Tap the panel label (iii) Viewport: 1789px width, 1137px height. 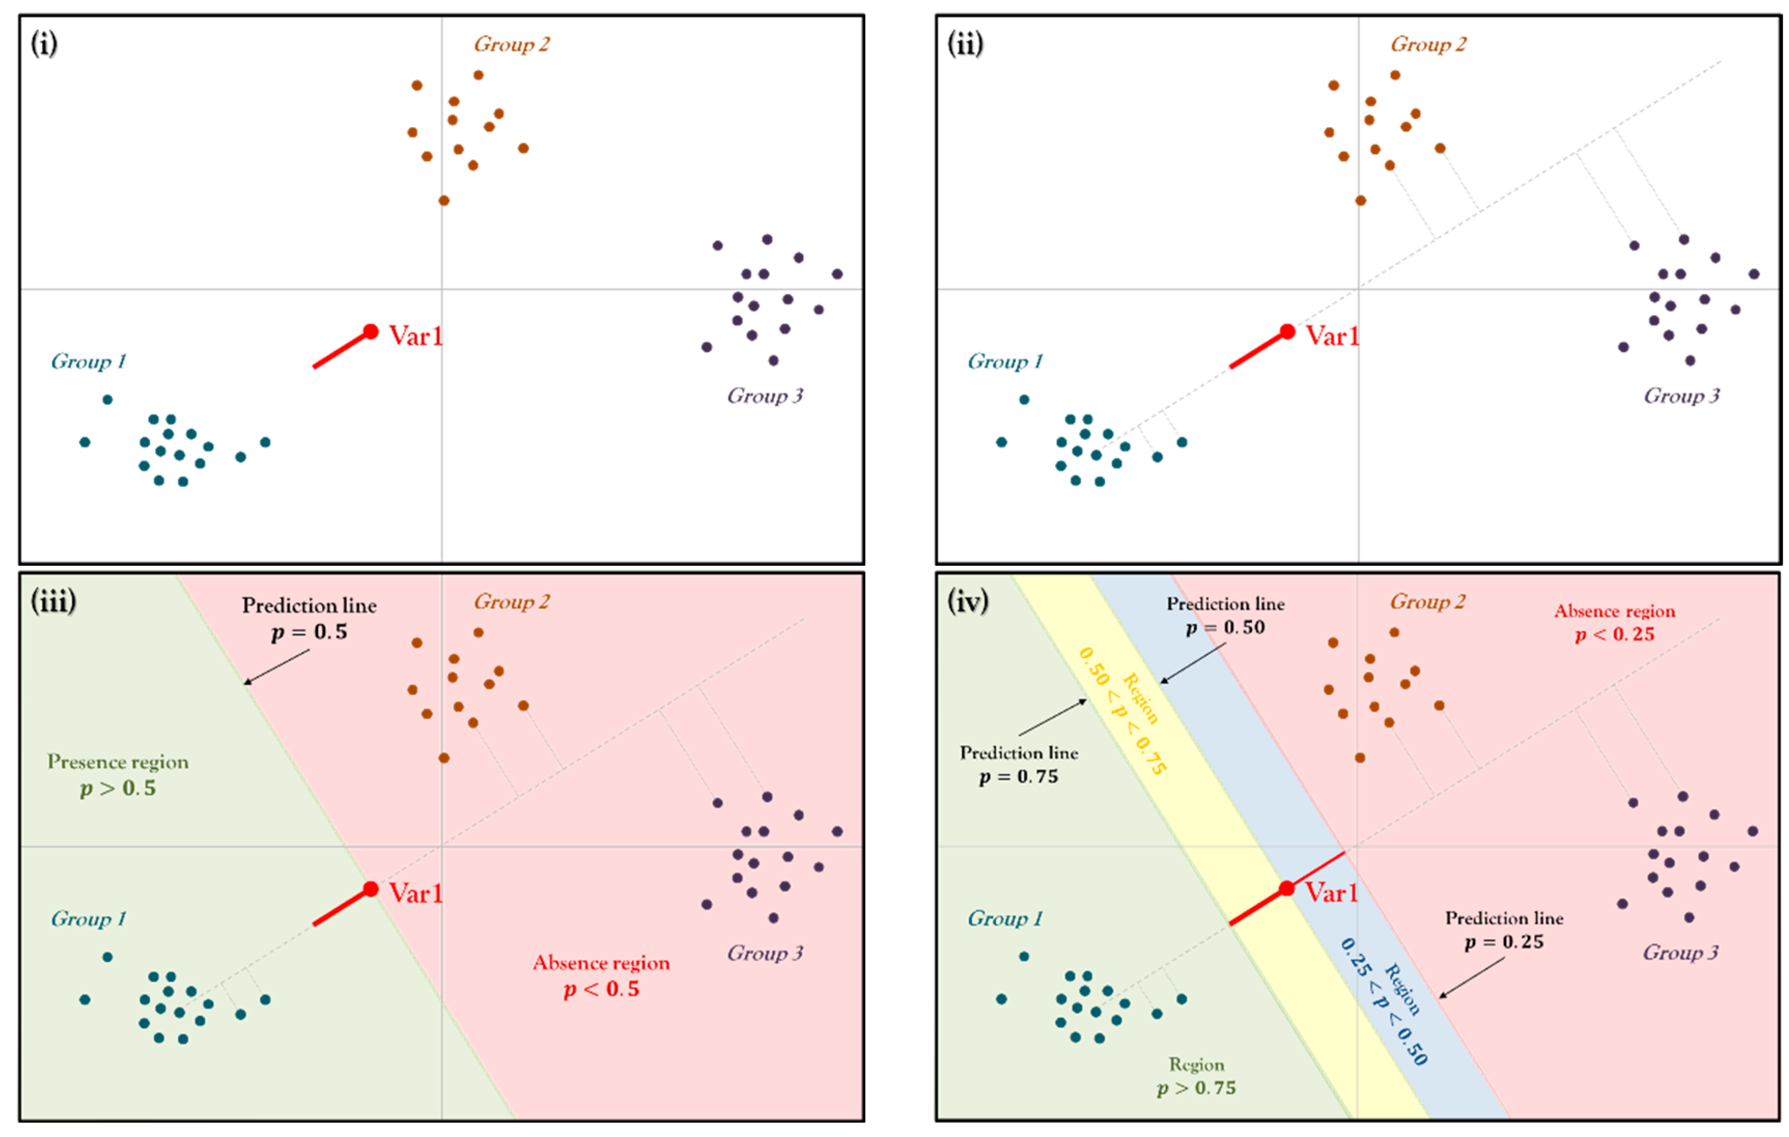point(53,600)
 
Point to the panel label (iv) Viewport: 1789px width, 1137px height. point(968,600)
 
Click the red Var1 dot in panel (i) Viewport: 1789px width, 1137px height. point(371,331)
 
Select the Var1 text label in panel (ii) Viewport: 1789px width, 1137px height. point(1333,336)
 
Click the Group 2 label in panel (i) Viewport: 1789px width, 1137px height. point(512,44)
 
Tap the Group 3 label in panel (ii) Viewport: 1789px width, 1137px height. point(1681,396)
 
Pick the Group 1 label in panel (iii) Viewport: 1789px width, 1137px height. point(89,919)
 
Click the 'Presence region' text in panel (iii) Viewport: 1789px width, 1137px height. point(118,762)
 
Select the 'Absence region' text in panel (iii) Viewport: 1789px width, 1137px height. point(601,962)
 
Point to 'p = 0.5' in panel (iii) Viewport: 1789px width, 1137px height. point(309,631)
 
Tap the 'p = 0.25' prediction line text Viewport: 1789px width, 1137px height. point(1504,942)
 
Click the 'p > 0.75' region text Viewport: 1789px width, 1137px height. point(1196,1087)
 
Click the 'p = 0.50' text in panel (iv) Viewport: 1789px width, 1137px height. point(1225,627)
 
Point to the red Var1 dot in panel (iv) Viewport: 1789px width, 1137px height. point(1287,888)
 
